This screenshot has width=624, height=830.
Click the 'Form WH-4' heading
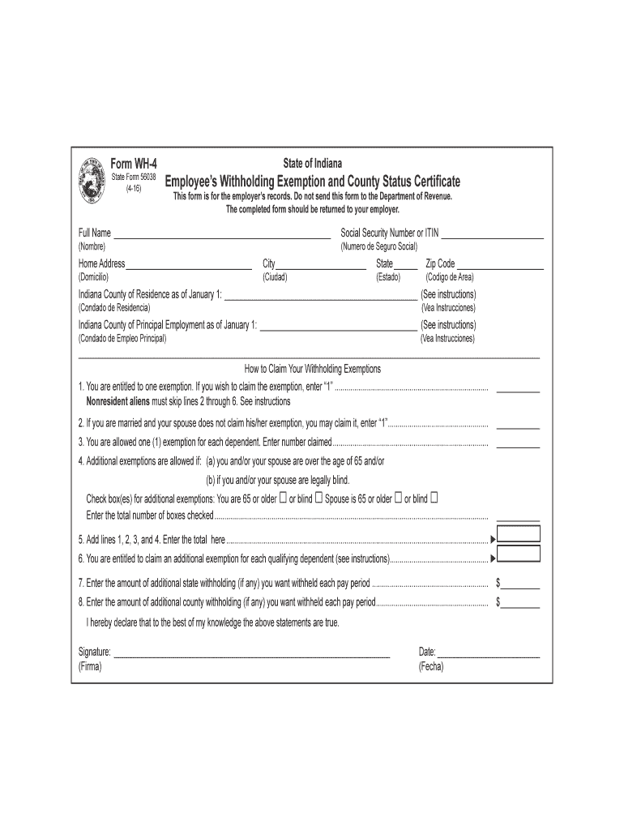(134, 164)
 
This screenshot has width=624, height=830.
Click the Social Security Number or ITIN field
(492, 234)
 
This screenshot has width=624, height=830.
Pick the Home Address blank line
(189, 265)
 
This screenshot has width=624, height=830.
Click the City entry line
(321, 265)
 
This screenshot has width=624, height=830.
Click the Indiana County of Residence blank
(320, 296)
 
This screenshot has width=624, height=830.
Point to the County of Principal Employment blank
(338, 327)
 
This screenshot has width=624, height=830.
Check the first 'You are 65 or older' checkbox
(283, 498)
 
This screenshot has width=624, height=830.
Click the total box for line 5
(519, 536)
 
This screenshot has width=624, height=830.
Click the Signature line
(252, 653)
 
